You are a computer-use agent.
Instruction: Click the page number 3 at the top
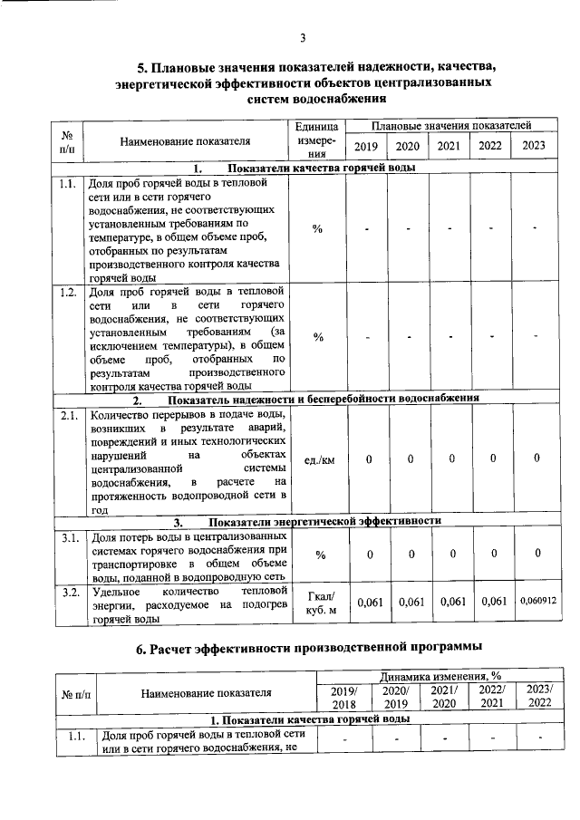pos(304,37)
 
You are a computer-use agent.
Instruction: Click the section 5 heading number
pos(141,67)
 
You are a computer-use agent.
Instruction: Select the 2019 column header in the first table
pos(366,146)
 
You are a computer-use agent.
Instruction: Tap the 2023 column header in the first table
pos(535,146)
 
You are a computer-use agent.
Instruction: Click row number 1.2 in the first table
pos(67,292)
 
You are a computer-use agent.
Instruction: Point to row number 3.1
pos(67,538)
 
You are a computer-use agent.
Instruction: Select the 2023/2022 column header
pos(539,695)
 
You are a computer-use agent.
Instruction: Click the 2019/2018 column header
pos(344,695)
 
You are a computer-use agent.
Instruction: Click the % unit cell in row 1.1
pos(318,227)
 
